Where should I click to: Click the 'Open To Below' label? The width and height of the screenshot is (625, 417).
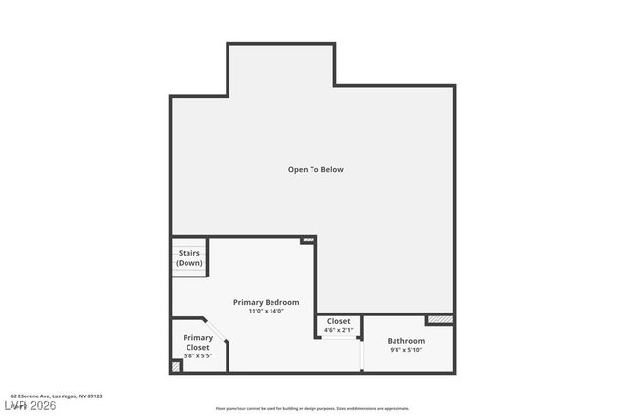tap(315, 170)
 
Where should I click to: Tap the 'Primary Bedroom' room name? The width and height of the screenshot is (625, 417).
tap(266, 302)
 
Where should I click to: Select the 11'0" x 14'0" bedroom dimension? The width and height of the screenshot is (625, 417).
tap(266, 312)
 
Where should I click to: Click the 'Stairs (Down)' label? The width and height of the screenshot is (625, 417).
tap(188, 258)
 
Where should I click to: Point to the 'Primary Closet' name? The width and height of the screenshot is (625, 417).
tap(197, 342)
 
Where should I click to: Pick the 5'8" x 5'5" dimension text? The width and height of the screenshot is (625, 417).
tap(197, 355)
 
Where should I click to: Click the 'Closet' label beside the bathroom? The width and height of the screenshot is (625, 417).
tap(338, 321)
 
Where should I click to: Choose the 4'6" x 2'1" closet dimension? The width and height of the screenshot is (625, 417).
tap(338, 330)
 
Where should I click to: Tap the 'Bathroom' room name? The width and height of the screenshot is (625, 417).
tap(405, 341)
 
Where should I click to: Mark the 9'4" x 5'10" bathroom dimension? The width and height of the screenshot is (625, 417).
tap(405, 350)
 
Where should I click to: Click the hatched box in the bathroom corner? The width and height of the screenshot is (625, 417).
tap(439, 319)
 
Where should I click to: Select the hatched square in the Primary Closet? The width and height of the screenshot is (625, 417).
tap(176, 367)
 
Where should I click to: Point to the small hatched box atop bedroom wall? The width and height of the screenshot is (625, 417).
tap(308, 239)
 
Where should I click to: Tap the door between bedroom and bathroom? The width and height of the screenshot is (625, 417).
tap(361, 357)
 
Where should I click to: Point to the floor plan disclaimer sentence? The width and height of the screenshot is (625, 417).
tap(312, 408)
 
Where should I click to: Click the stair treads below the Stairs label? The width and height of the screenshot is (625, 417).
tap(189, 272)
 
